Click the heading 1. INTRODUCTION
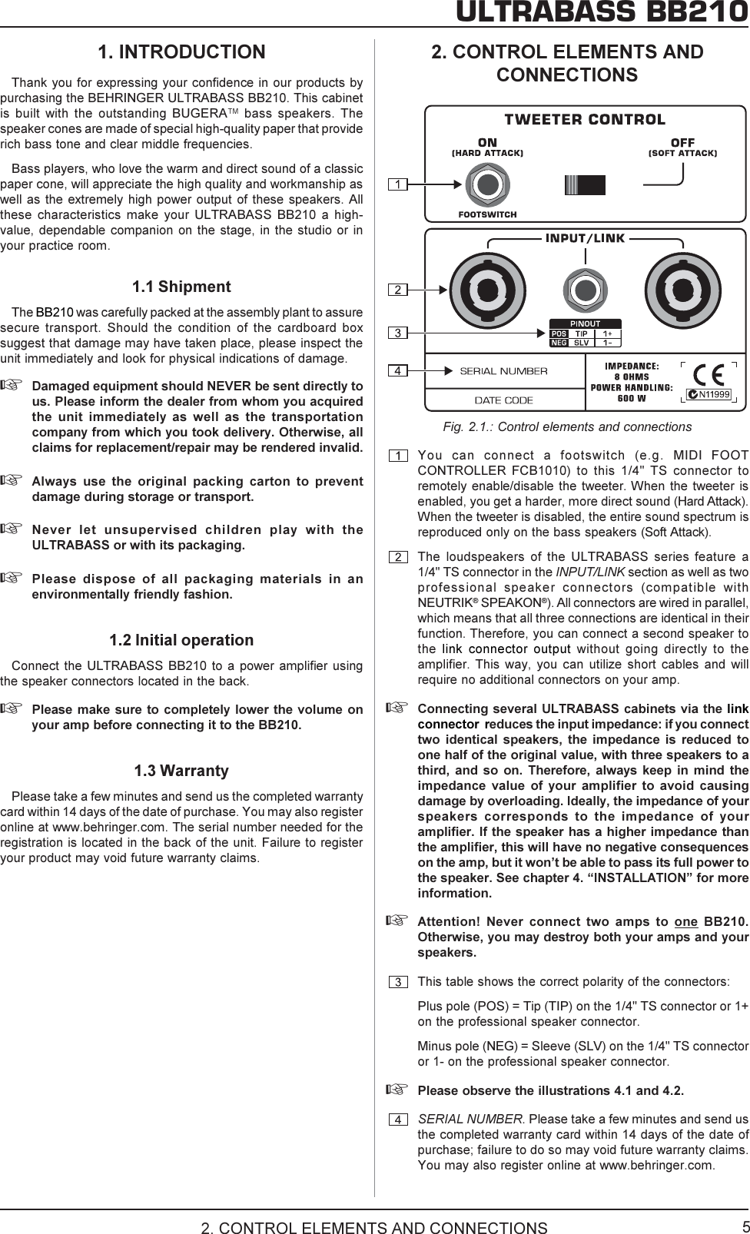pos(181,52)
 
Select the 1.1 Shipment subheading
pos(181,287)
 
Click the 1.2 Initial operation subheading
pos(181,640)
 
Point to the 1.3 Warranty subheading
pos(181,771)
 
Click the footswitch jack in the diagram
pos(487,185)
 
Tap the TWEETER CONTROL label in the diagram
pos(585,120)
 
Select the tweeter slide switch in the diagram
pos(585,185)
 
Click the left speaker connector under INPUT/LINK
pos(487,290)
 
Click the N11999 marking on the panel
pos(708,395)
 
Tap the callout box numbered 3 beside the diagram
pos(397,333)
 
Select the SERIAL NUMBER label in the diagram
pos(503,372)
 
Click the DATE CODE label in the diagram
pos(503,400)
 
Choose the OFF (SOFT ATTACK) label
pos(682,148)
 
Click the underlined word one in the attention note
pos(685,922)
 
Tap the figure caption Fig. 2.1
pos(567,427)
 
